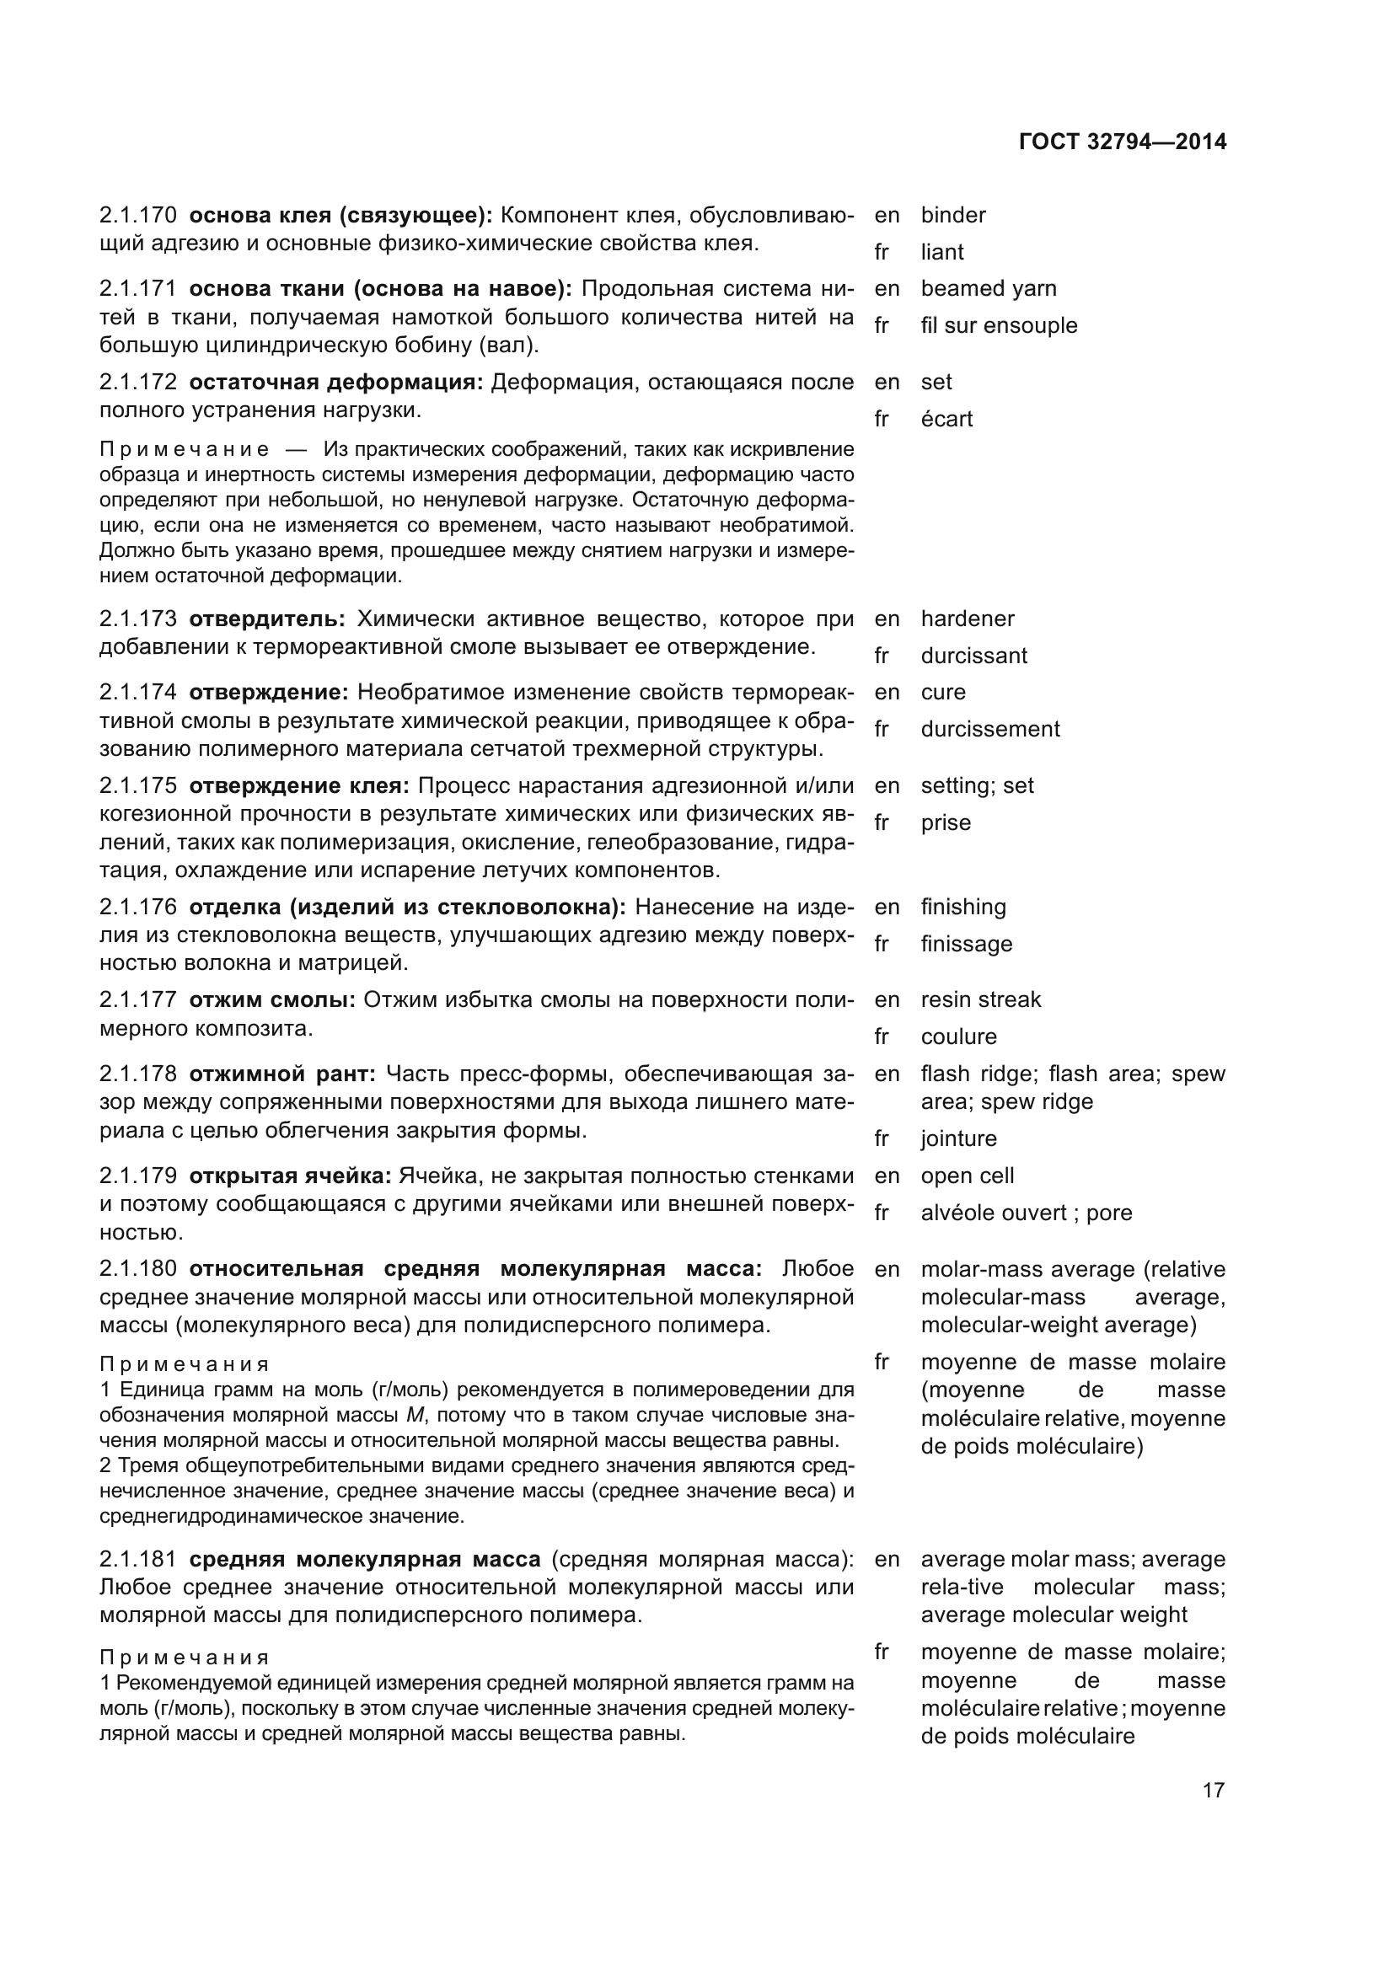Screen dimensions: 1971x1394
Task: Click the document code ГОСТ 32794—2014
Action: tap(1123, 142)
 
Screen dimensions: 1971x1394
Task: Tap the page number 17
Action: tap(1213, 1790)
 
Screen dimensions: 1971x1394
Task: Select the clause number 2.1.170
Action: tap(138, 215)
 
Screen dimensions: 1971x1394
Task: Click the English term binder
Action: tap(953, 215)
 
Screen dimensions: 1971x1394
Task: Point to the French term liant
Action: tap(941, 253)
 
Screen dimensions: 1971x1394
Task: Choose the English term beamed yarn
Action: tap(988, 288)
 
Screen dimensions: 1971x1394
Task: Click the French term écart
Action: tap(946, 419)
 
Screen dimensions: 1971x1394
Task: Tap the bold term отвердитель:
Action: tap(267, 619)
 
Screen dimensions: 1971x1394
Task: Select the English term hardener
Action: tap(968, 619)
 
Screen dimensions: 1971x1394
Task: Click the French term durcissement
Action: tap(989, 729)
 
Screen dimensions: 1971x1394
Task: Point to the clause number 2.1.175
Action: tap(138, 785)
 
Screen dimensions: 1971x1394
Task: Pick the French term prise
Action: tap(945, 822)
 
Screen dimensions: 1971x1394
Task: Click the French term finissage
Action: tap(966, 944)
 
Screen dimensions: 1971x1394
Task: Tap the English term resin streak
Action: tap(980, 999)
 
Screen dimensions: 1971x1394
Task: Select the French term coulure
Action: tap(958, 1036)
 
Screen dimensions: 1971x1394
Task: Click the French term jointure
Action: tap(958, 1138)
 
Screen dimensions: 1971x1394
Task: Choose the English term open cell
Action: tap(967, 1176)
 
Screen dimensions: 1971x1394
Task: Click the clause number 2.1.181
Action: tap(138, 1559)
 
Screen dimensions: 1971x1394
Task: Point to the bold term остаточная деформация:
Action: tap(336, 382)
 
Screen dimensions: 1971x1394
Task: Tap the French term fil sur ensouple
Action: tap(998, 325)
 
